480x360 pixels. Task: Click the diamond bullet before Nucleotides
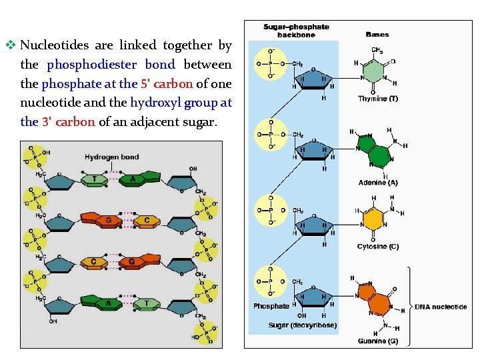coord(10,46)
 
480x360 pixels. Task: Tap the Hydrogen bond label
coord(111,157)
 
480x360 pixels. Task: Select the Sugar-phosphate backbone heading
coord(296,31)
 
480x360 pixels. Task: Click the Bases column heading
coord(378,34)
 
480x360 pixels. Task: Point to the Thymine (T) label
coord(377,99)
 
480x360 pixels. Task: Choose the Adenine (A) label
coord(378,182)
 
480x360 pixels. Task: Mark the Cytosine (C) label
coord(377,247)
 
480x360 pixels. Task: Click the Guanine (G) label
coord(377,341)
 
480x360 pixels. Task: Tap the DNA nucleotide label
coord(441,307)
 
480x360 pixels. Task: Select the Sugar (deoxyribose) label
coord(303,325)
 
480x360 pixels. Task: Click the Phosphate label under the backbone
coord(271,307)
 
